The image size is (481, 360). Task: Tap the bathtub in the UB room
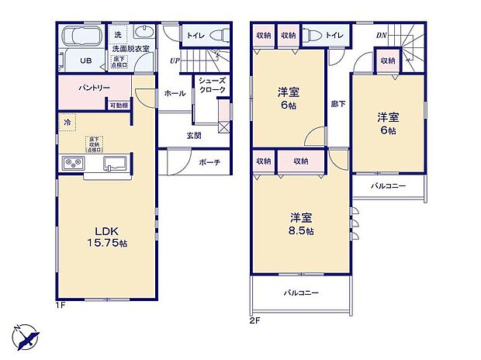(x=81, y=37)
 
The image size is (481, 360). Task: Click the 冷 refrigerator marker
(x=67, y=123)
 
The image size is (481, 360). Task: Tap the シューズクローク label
(x=211, y=85)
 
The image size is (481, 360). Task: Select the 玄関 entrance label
(x=194, y=135)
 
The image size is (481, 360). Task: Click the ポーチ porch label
(x=208, y=163)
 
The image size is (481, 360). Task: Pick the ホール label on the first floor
(x=175, y=93)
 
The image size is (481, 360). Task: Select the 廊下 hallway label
(x=338, y=103)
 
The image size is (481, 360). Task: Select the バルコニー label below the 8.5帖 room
(x=301, y=292)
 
